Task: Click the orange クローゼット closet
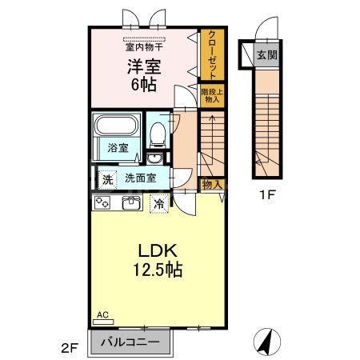click(x=211, y=54)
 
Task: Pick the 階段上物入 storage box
click(x=211, y=96)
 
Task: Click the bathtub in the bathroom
click(x=117, y=127)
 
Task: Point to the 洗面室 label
click(x=139, y=178)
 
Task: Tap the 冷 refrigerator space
click(x=160, y=203)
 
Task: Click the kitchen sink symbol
click(x=130, y=203)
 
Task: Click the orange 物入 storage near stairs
click(x=210, y=184)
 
